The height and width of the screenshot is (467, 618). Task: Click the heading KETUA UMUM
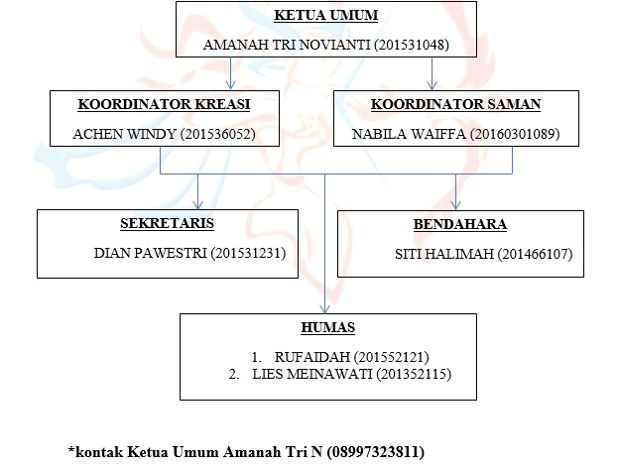point(326,16)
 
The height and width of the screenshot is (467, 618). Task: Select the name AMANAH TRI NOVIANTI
point(287,45)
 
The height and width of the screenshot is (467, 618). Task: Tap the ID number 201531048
point(412,45)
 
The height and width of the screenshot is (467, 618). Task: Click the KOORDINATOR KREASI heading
point(164,104)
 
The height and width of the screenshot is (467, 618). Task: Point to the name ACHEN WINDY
point(124,134)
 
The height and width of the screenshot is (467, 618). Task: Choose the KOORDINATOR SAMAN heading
point(455,104)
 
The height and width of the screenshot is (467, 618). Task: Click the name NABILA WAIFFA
point(409,134)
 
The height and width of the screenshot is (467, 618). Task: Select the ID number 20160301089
point(515,134)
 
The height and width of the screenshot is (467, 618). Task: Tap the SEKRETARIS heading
point(167,223)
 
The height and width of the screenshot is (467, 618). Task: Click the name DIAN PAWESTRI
point(150,253)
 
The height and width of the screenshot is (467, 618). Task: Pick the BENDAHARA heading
point(460,224)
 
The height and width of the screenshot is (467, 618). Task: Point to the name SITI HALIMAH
point(444,254)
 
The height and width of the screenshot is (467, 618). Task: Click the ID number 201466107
point(536,254)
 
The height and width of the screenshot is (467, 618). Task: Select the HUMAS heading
point(328,328)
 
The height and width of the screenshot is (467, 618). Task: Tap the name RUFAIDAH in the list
point(312,357)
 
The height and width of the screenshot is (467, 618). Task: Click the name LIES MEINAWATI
point(312,374)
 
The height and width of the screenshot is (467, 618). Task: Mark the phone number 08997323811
point(376,451)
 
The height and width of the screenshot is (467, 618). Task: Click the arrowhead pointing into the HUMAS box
point(324,308)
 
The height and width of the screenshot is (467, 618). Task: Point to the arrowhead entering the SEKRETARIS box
point(197,204)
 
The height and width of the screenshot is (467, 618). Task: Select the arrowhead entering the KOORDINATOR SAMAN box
point(432,85)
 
